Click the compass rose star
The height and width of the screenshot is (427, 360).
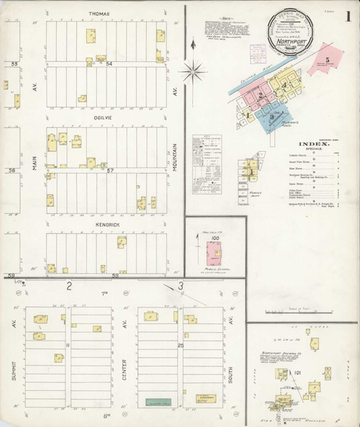[x=193, y=71]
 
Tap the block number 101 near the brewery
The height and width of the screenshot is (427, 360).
[x=297, y=373]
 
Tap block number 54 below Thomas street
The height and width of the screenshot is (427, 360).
[x=109, y=64]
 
